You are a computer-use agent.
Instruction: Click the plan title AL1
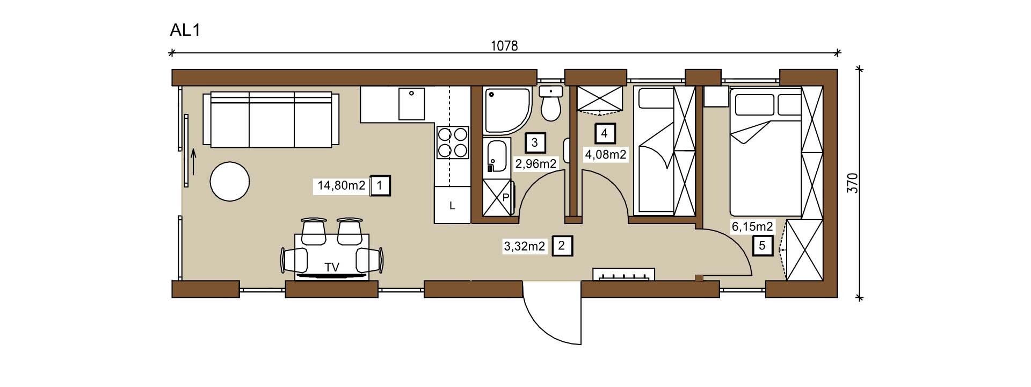[x=185, y=30]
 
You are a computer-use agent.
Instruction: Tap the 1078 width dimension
[x=504, y=46]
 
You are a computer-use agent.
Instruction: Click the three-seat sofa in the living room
[x=271, y=119]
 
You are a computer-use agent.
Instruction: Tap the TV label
[x=332, y=267]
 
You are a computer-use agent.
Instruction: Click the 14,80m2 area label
[x=342, y=186]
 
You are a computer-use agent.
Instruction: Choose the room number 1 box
[x=380, y=186]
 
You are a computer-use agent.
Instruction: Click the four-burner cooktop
[x=452, y=142]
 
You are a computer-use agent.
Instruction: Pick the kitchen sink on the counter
[x=411, y=104]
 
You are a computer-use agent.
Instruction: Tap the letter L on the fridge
[x=452, y=205]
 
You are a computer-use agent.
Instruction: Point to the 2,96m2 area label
[x=536, y=163]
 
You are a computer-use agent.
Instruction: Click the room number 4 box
[x=605, y=133]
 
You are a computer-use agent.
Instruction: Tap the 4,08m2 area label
[x=606, y=155]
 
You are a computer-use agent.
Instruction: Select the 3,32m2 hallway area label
[x=524, y=246]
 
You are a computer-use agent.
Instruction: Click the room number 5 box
[x=763, y=246]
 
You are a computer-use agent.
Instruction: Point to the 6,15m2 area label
[x=752, y=227]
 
